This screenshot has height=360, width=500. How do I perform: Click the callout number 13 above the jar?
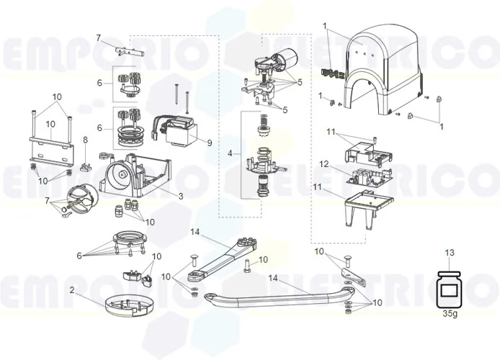coord(450,253)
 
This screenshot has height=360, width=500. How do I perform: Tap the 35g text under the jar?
coord(450,315)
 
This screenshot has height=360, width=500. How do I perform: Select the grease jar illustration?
coord(450,287)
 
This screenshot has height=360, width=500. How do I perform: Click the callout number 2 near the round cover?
coord(72,289)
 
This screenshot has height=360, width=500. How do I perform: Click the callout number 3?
coord(181,196)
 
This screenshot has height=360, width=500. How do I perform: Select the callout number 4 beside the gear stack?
coord(230,153)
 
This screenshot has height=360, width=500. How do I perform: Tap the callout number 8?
coord(84,140)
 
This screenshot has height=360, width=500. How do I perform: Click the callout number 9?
coord(210,143)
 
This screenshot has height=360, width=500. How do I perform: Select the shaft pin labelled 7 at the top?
coord(118,51)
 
